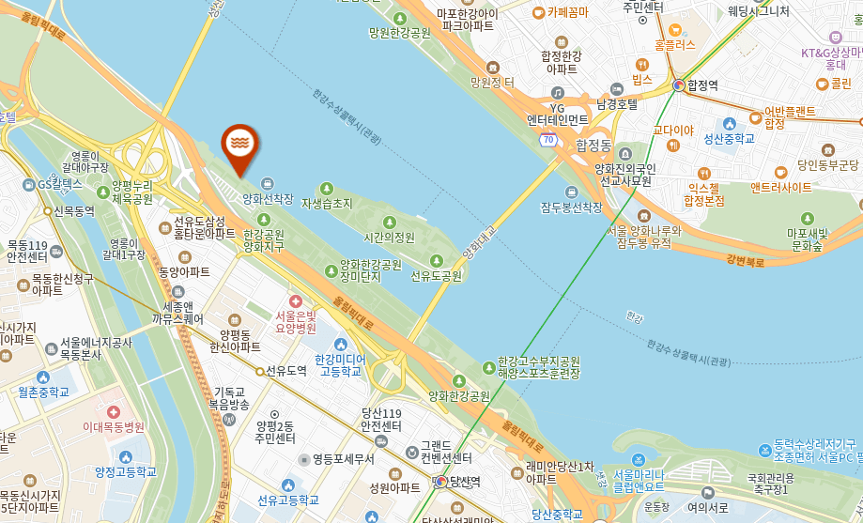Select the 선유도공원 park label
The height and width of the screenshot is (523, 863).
(437, 276)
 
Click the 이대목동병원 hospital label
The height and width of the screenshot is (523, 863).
(114, 427)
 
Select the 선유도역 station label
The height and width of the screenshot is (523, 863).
(285, 371)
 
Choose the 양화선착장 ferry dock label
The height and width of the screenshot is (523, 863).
(268, 199)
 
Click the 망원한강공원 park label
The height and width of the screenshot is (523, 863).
(399, 32)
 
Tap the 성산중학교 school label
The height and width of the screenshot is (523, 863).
(730, 138)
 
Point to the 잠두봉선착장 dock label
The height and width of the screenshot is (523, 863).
(572, 207)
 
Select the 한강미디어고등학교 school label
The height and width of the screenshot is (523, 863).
(338, 365)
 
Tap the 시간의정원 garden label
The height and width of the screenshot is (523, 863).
(389, 238)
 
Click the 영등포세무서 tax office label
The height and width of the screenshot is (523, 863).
(343, 459)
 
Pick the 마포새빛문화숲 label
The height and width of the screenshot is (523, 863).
(806, 239)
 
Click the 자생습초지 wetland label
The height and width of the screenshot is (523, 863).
(327, 203)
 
